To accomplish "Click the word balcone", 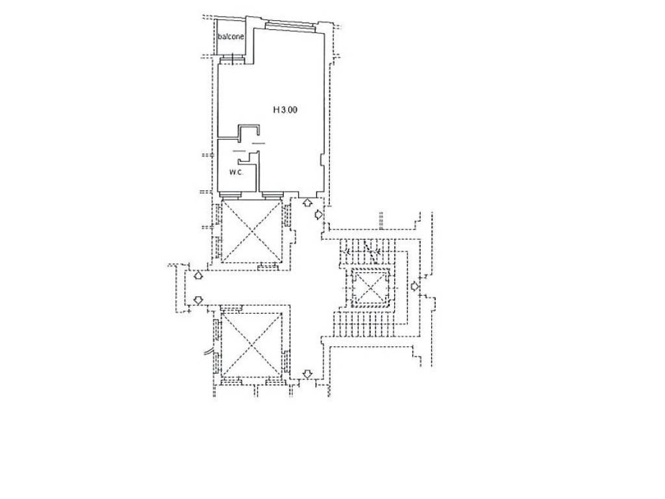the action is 231,36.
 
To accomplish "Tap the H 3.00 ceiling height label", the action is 285,110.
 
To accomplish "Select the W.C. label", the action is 236,172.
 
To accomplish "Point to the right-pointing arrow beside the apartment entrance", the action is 318,215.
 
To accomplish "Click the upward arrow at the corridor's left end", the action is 197,275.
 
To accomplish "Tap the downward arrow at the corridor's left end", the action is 197,300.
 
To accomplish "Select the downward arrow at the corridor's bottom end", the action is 308,374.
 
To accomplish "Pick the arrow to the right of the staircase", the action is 415,287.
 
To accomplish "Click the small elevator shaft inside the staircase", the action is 371,288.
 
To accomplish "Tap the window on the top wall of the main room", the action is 290,26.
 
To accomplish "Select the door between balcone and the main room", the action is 232,59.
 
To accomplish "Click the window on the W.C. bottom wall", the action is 231,195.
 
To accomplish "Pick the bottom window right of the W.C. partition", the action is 272,195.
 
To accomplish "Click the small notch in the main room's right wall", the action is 321,160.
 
